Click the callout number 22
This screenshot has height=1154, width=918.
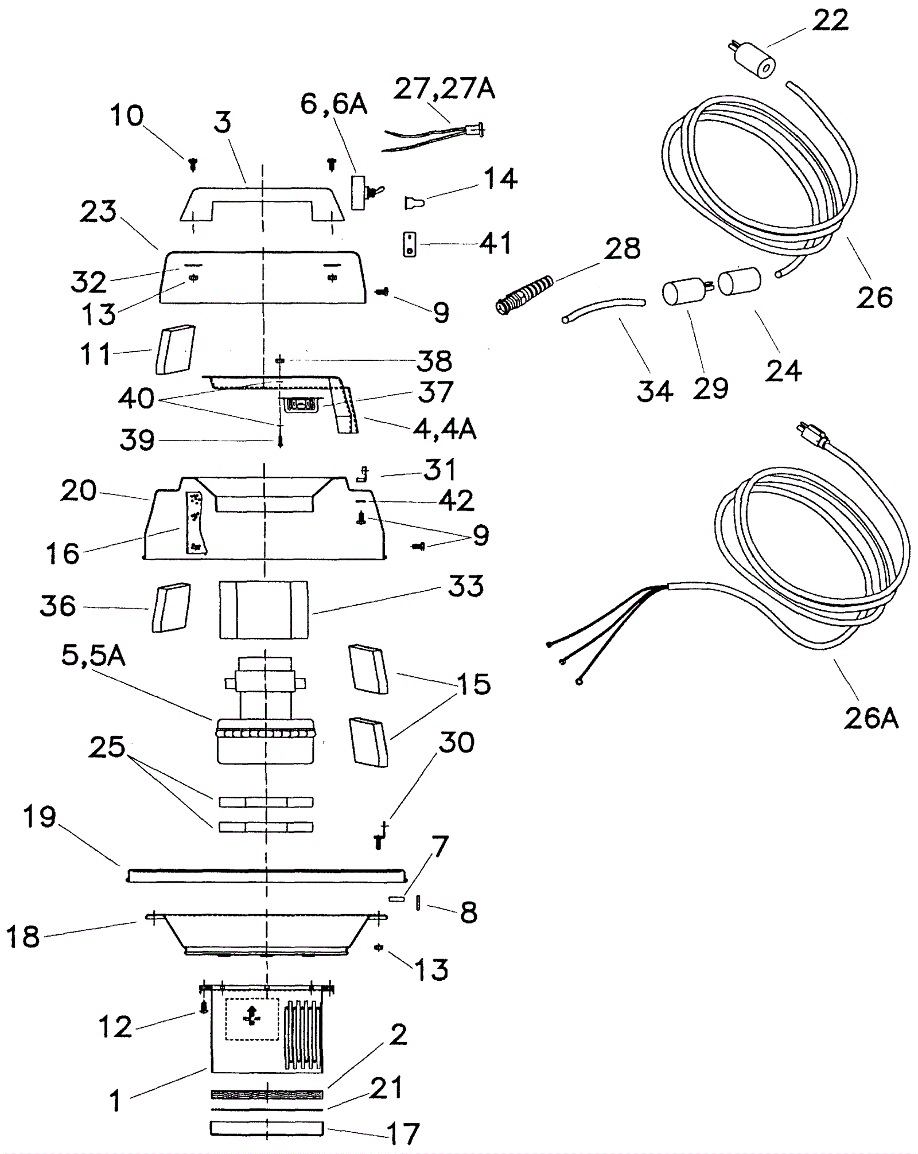pos(830,21)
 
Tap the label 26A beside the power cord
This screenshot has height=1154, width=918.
pos(871,718)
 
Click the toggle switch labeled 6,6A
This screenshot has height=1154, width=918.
pos(365,192)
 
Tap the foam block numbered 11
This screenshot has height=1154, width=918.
pos(175,350)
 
